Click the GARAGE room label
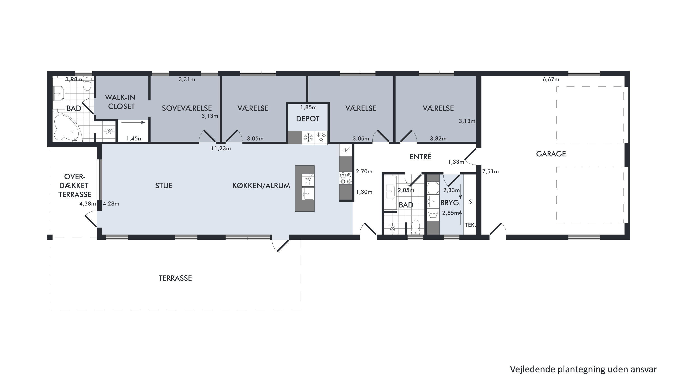click(x=551, y=154)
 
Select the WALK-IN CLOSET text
click(x=121, y=102)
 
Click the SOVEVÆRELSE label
click(x=187, y=108)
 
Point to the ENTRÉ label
click(x=420, y=156)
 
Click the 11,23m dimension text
click(x=221, y=149)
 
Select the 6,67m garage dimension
click(x=551, y=79)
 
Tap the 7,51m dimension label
click(x=490, y=172)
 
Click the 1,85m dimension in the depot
click(x=308, y=107)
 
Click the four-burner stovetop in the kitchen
click(x=346, y=178)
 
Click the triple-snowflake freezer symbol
click(x=321, y=137)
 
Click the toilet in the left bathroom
click(x=87, y=84)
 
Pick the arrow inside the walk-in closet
click(x=133, y=123)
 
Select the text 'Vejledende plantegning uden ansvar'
click(x=583, y=369)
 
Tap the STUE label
click(x=164, y=186)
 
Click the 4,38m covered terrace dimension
click(x=88, y=204)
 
